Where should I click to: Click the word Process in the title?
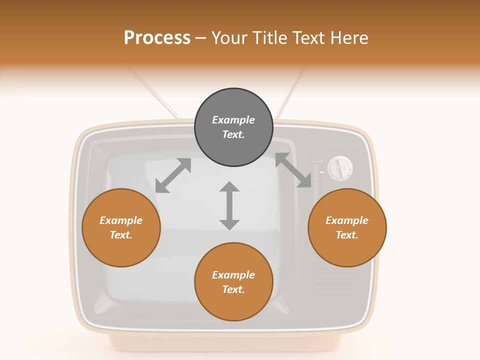point(157,38)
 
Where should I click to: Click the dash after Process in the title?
point(201,38)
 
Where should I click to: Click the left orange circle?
point(121,227)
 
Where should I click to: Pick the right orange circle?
point(347,227)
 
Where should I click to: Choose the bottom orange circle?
point(233,282)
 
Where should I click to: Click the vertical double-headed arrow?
point(229,205)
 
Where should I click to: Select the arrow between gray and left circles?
point(173,175)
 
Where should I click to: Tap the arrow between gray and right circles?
point(293,170)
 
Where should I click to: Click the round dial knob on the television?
point(340,168)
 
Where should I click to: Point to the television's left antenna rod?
point(152,92)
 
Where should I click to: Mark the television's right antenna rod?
point(290,92)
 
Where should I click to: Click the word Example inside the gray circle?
point(233,120)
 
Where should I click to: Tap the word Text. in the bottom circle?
point(233,289)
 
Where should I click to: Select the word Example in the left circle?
point(121,220)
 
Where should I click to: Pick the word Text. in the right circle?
point(347,235)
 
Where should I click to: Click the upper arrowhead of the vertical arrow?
point(229,187)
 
